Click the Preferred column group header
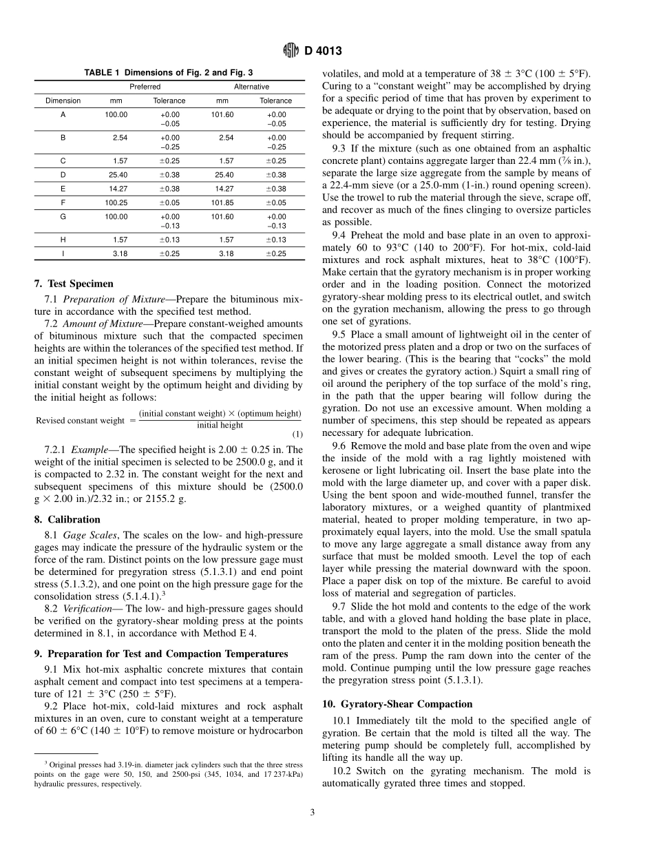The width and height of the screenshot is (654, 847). (x=145, y=87)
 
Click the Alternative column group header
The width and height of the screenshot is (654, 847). (x=251, y=87)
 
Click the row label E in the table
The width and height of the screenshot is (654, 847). (x=63, y=189)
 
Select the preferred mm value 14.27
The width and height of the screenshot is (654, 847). (x=118, y=189)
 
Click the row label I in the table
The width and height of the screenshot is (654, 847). (x=63, y=253)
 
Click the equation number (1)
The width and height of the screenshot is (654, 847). (x=297, y=434)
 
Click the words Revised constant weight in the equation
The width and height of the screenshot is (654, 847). (x=80, y=420)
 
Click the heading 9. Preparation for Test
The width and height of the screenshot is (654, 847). (x=169, y=653)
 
